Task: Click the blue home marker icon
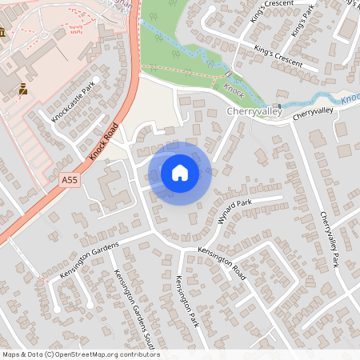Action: [x=180, y=173]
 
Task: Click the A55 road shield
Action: [x=70, y=181]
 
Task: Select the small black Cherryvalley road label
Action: [x=311, y=115]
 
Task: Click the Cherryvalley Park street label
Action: [x=330, y=240]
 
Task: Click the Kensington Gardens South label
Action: [x=128, y=303]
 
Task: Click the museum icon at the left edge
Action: [x=3, y=32]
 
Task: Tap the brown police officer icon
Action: [x=22, y=90]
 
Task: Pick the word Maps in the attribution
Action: [x=11, y=354]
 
